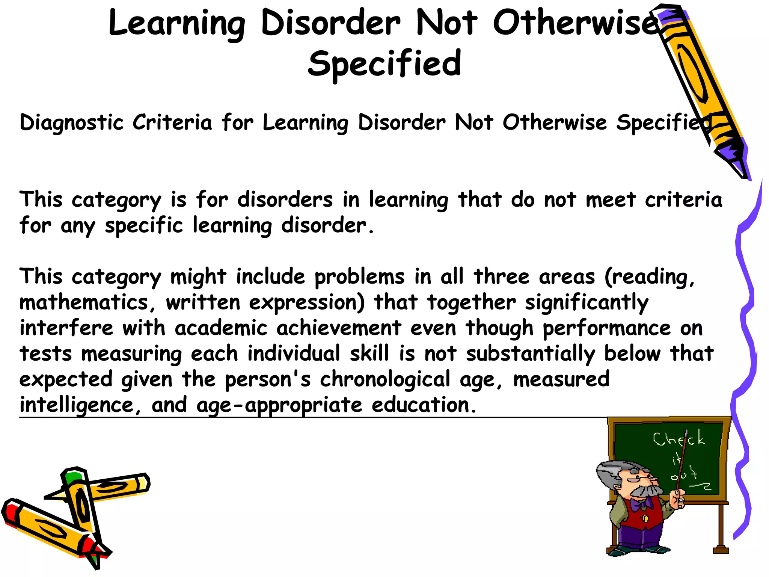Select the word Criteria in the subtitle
pyautogui.click(x=172, y=122)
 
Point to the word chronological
pyautogui.click(x=384, y=379)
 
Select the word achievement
pyautogui.click(x=339, y=328)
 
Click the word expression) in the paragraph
pyautogui.click(x=307, y=303)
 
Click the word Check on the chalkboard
pyautogui.click(x=679, y=439)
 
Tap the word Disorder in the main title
pyautogui.click(x=330, y=23)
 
